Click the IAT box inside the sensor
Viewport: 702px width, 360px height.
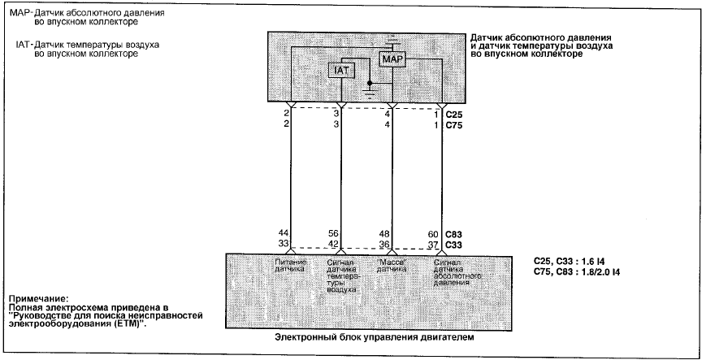341,70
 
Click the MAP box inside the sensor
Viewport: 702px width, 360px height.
392,59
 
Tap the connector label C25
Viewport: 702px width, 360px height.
453,115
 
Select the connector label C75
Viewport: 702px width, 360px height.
453,125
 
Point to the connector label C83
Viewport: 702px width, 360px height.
453,234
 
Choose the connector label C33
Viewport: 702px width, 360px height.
453,245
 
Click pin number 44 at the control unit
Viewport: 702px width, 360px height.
284,234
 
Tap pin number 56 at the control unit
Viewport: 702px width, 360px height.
333,234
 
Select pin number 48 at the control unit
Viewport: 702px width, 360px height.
384,234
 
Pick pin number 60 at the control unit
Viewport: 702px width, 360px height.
434,234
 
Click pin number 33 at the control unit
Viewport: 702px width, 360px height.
284,245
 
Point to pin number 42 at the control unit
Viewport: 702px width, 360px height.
333,245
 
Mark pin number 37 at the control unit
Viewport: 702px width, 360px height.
434,245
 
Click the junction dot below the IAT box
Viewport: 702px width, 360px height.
370,83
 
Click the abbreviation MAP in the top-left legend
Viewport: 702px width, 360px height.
19,13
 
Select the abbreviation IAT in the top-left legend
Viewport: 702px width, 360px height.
23,46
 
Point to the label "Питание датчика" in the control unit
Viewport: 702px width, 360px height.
290,266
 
